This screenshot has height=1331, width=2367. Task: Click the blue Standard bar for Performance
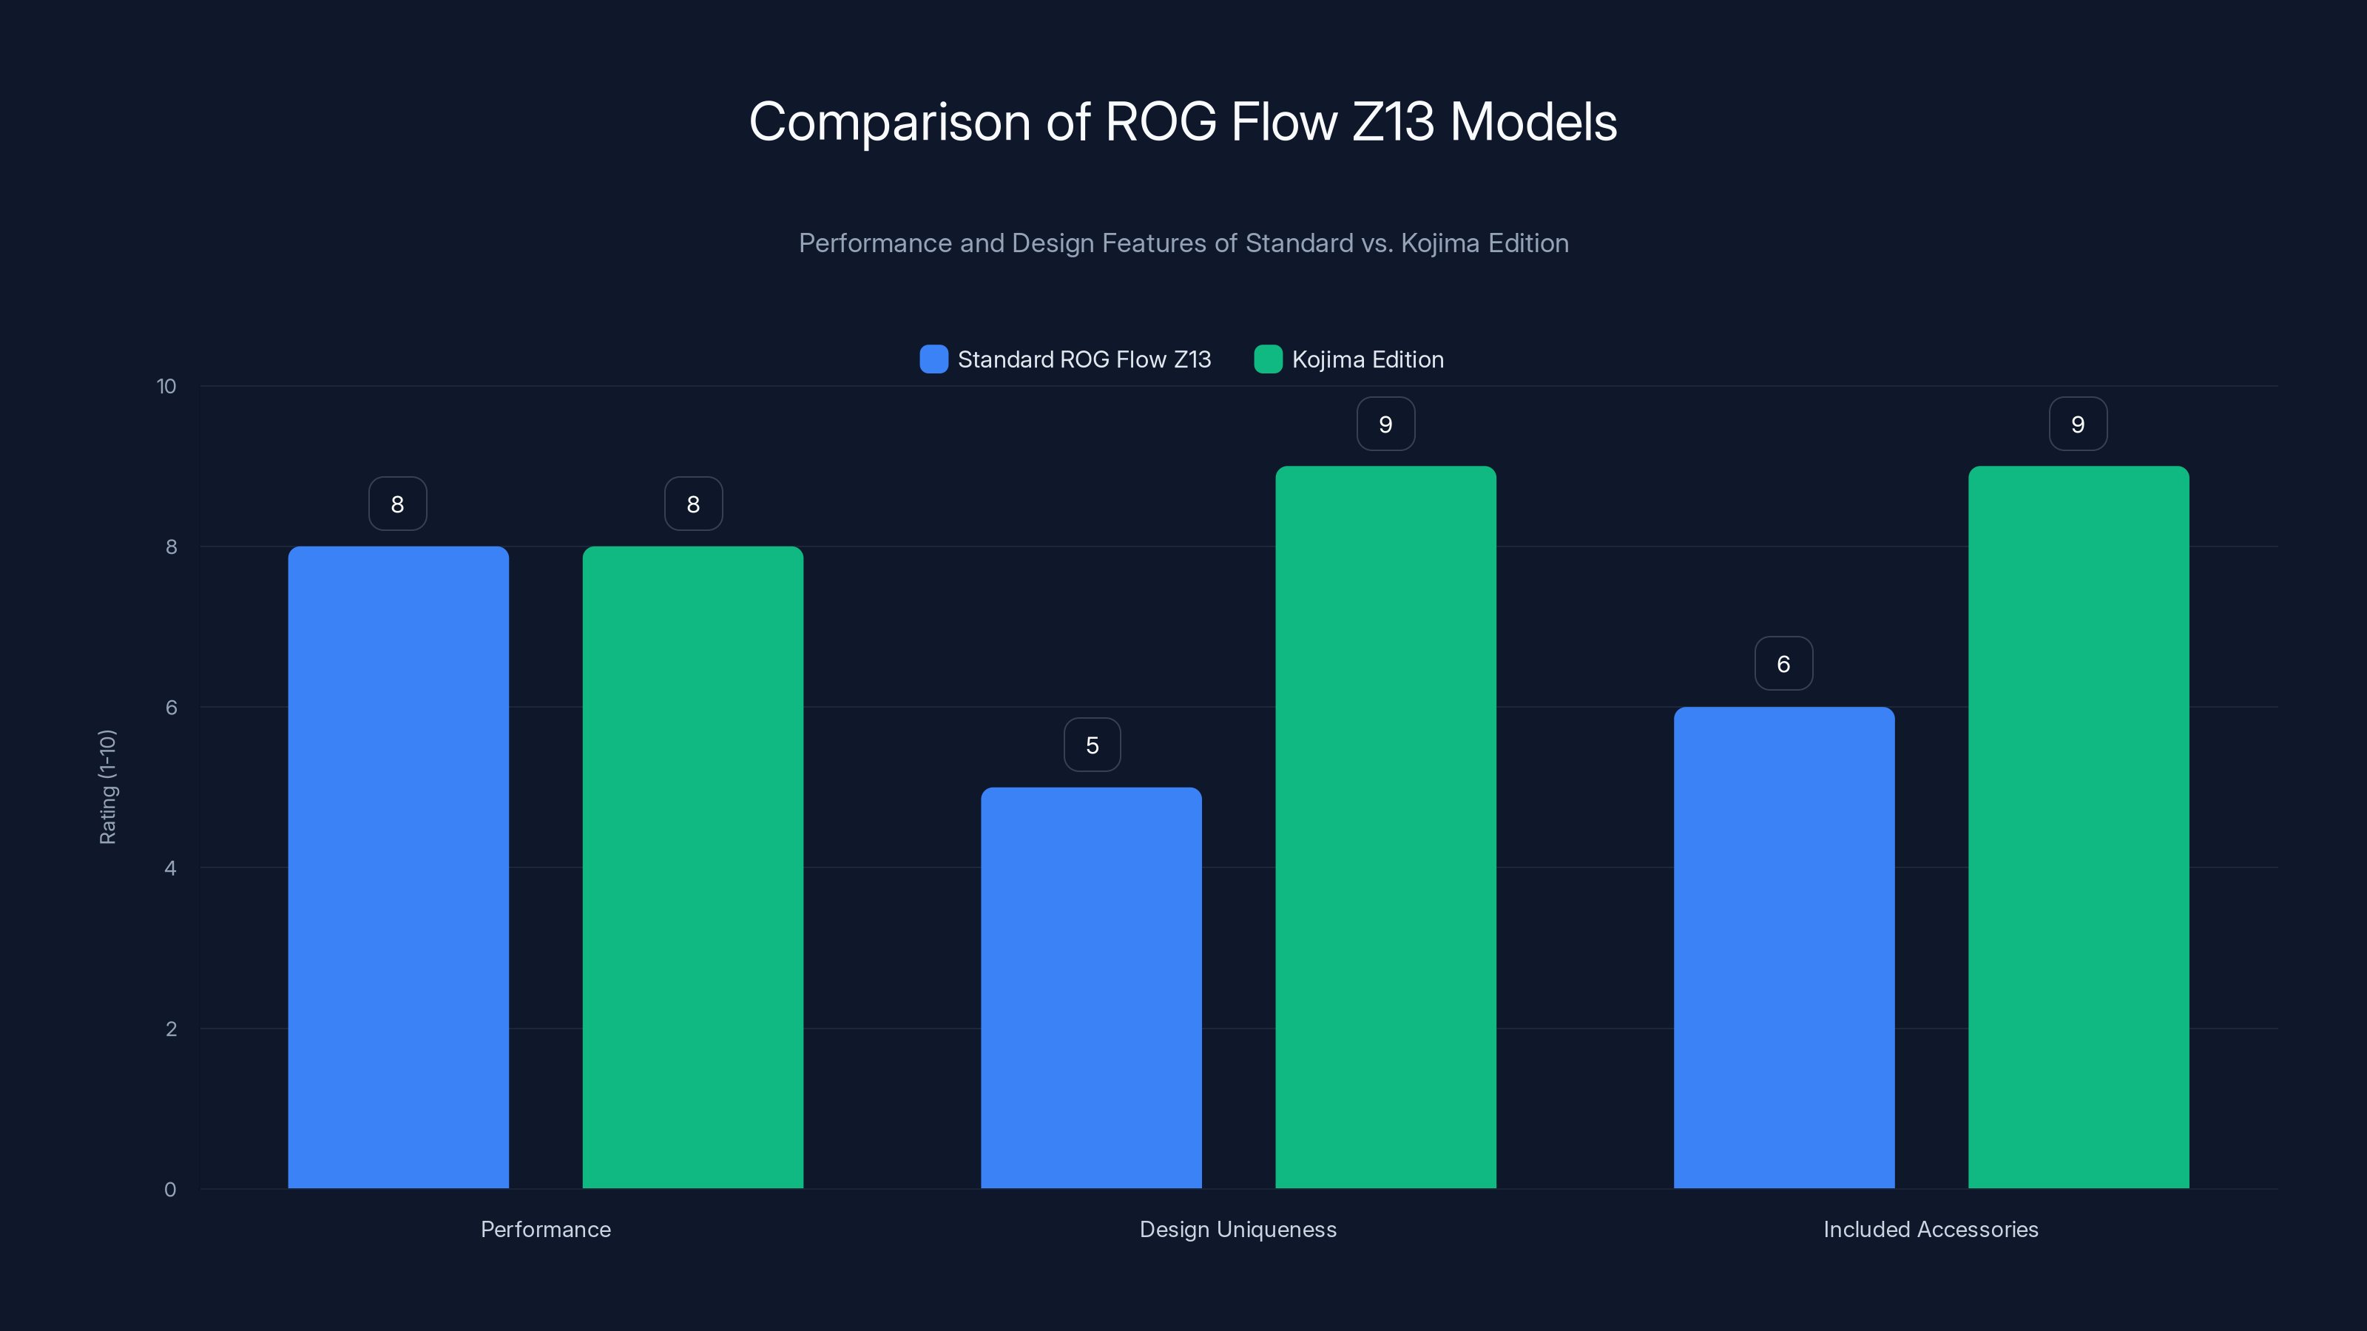[x=398, y=867]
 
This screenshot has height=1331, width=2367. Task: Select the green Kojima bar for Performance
[x=693, y=867]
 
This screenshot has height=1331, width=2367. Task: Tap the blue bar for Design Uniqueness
[x=1091, y=987]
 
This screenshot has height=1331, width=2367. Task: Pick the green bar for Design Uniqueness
[x=1385, y=827]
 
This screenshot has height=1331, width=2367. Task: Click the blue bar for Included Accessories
[x=1783, y=947]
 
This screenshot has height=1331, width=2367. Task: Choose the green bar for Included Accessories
[x=2079, y=827]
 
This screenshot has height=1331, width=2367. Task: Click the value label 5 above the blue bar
[x=1092, y=745]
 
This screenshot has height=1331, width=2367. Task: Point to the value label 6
[x=1783, y=664]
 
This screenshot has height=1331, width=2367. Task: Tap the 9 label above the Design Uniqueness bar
[x=1385, y=424]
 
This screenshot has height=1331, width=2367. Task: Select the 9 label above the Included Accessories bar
[x=2078, y=424]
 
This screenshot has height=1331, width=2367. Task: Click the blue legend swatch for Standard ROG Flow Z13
[x=933, y=359]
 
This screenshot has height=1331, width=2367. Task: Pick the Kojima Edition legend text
[x=1367, y=359]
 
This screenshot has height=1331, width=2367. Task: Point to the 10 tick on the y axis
[x=166, y=387]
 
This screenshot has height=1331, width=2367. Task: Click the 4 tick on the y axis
[x=170, y=868]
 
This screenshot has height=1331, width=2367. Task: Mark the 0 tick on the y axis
[x=170, y=1190]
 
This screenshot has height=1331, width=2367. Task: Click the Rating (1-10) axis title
[x=107, y=788]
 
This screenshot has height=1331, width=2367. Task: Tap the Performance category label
[x=546, y=1229]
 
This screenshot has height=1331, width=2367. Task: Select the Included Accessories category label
[x=1931, y=1229]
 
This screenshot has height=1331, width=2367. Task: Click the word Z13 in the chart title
[x=1392, y=122]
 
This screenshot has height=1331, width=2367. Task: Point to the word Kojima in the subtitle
[x=1439, y=243]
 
